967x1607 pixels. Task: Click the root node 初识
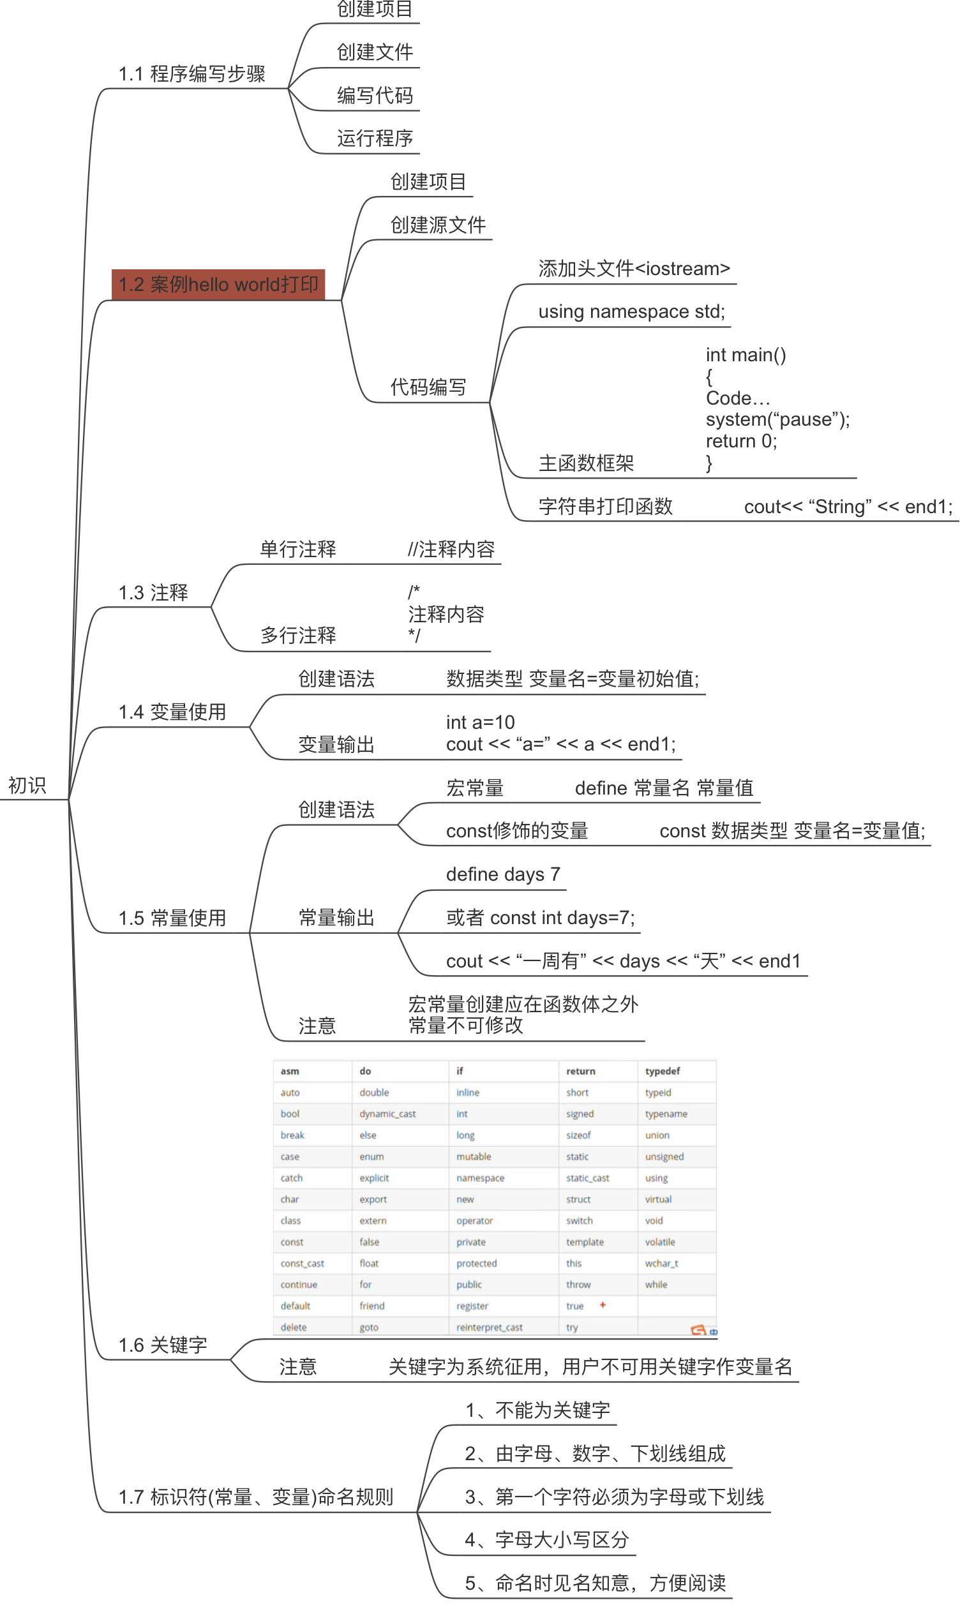pyautogui.click(x=27, y=785)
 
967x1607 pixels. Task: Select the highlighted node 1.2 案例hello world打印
pyautogui.click(x=218, y=285)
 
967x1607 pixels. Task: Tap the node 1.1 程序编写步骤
pyautogui.click(x=191, y=73)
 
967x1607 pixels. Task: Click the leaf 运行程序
pyautogui.click(x=375, y=138)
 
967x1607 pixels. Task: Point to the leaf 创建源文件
pyautogui.click(x=438, y=225)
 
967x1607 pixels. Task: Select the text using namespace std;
pyautogui.click(x=631, y=311)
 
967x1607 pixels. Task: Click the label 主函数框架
pyautogui.click(x=586, y=463)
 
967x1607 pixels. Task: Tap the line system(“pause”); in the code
pyautogui.click(x=777, y=419)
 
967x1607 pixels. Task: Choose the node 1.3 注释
pyautogui.click(x=153, y=592)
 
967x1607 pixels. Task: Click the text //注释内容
pyautogui.click(x=451, y=549)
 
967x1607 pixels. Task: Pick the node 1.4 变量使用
pyautogui.click(x=172, y=712)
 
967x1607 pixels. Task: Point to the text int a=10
pyautogui.click(x=480, y=722)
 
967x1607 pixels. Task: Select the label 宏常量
pyautogui.click(x=474, y=788)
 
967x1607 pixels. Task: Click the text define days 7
pyautogui.click(x=503, y=874)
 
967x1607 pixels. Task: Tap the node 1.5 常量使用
pyautogui.click(x=172, y=918)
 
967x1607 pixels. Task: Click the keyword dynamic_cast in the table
pyautogui.click(x=387, y=1114)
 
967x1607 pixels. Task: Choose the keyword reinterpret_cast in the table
pyautogui.click(x=489, y=1327)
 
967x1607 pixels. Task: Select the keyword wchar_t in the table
pyautogui.click(x=661, y=1263)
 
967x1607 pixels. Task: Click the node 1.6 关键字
pyautogui.click(x=163, y=1345)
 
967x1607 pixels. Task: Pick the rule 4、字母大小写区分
pyautogui.click(x=546, y=1539)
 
